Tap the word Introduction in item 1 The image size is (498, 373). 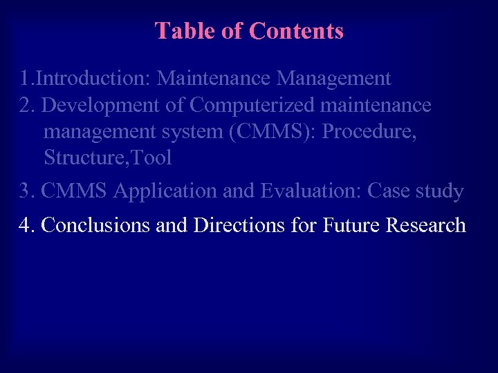[92, 79]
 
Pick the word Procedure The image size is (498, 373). [369, 131]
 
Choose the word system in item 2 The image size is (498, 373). [191, 131]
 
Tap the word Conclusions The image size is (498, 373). [96, 225]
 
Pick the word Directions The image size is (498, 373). [232, 225]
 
